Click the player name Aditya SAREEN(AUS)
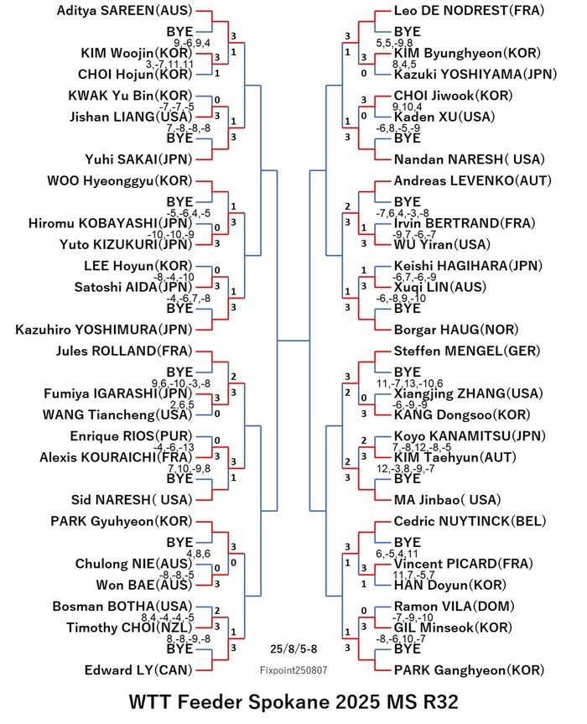click(124, 11)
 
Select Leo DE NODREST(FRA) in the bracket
click(469, 11)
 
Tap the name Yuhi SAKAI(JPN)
click(138, 159)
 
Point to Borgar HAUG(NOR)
click(456, 330)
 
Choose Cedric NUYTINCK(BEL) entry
click(470, 521)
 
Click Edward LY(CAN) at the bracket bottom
click(138, 670)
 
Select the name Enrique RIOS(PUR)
click(131, 436)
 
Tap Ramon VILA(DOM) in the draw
click(455, 607)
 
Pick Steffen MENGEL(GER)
click(467, 351)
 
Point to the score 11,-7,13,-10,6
click(409, 383)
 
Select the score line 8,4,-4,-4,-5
click(168, 617)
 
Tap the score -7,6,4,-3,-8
click(403, 213)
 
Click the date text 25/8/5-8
click(293, 648)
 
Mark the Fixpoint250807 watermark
click(293, 670)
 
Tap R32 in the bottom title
click(439, 702)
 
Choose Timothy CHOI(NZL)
click(129, 628)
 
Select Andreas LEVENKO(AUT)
click(473, 180)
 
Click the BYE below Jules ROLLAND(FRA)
click(179, 372)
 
